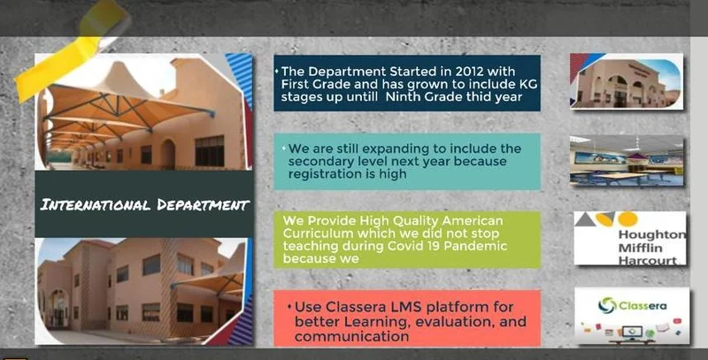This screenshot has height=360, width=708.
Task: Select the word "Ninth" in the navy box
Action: [403, 96]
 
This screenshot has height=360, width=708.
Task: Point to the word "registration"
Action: [325, 174]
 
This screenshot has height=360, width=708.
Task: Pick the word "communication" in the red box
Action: [351, 336]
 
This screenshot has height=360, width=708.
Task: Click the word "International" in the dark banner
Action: [96, 205]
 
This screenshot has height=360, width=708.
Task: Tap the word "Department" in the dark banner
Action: [203, 205]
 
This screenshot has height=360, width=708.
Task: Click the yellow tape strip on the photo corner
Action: [73, 49]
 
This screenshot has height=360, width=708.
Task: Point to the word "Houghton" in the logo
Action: [651, 234]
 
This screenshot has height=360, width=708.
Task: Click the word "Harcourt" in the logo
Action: [648, 261]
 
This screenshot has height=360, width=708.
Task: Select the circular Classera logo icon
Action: [607, 305]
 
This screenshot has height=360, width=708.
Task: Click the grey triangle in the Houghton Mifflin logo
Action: [585, 219]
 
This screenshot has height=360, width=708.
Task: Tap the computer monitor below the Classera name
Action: [632, 333]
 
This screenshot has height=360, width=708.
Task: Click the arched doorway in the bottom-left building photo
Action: [59, 308]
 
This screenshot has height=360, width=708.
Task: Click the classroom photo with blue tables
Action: [627, 161]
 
